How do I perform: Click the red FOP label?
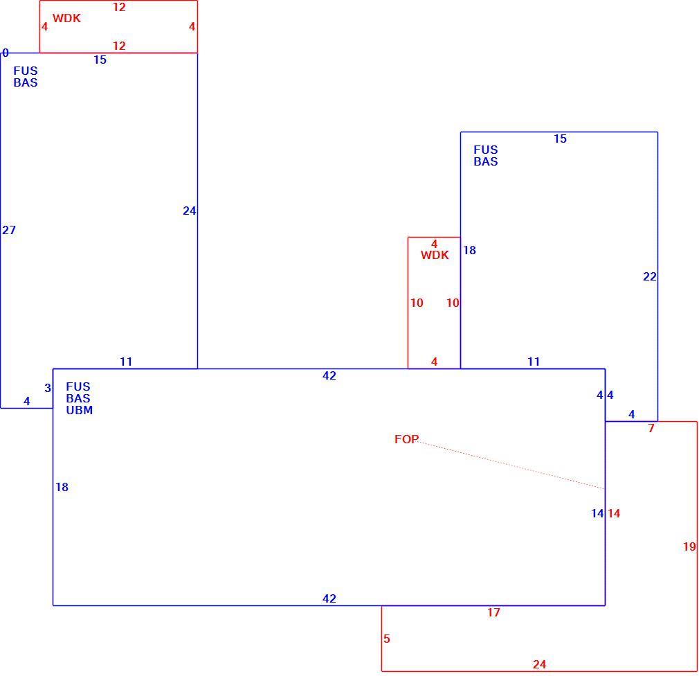[x=406, y=440]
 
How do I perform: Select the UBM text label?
[x=80, y=410]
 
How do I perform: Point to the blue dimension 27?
[x=9, y=230]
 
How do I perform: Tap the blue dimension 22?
[x=650, y=276]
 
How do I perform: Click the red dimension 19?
[x=689, y=546]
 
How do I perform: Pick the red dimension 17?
[x=493, y=613]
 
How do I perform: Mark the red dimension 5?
[x=386, y=639]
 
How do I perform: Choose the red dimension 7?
[x=651, y=428]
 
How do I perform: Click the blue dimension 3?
[x=48, y=388]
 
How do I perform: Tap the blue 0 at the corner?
[x=6, y=53]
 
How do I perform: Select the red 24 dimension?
[x=539, y=665]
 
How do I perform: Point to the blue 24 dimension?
[x=190, y=211]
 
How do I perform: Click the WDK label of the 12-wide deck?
[x=67, y=18]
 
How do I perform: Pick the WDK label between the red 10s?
[x=435, y=255]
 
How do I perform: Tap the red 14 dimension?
[x=614, y=514]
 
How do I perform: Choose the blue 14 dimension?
[x=597, y=514]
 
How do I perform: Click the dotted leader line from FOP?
[x=511, y=465]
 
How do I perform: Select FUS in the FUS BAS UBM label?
[x=78, y=387]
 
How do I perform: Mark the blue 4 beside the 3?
[x=27, y=402]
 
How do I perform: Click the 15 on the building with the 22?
[x=561, y=139]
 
